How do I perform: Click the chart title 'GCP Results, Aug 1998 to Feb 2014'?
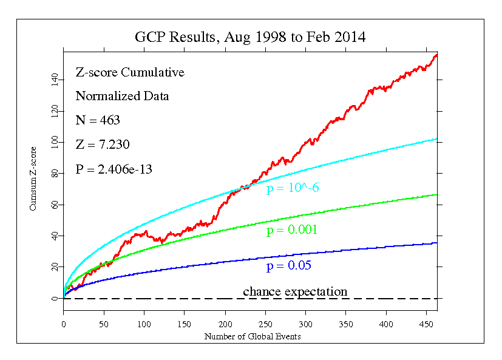[250, 37]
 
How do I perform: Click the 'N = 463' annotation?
[98, 120]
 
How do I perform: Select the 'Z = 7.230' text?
[102, 144]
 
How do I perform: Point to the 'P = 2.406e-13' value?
[114, 169]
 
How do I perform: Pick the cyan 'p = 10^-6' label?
[293, 188]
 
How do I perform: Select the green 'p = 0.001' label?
[292, 230]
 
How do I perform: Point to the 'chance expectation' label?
[295, 292]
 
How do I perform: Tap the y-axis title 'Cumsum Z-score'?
[34, 178]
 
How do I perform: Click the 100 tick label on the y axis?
[53, 142]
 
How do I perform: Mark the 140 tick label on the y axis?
[53, 80]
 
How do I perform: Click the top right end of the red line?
[436, 55]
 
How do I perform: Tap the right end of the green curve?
[436, 195]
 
